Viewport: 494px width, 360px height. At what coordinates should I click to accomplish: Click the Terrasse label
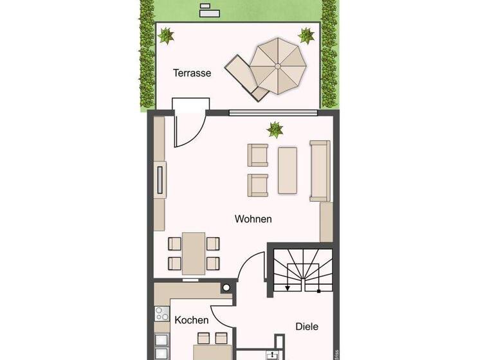192,73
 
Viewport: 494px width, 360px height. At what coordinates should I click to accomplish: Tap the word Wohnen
253,219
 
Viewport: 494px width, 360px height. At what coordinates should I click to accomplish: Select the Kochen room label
192,319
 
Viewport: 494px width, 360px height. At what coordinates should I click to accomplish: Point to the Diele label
307,327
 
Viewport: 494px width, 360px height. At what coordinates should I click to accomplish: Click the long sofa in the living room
320,170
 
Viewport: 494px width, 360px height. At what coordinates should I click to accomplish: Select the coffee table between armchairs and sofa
287,170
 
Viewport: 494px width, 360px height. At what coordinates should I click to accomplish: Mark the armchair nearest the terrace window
258,155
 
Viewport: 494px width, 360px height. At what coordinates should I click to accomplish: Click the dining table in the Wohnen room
194,253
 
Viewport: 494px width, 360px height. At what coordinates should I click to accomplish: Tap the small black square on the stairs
318,291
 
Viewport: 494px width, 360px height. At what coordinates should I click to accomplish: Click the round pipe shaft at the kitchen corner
226,289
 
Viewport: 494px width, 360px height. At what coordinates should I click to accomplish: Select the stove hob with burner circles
161,314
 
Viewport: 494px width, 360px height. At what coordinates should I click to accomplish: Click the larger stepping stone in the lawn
208,12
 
